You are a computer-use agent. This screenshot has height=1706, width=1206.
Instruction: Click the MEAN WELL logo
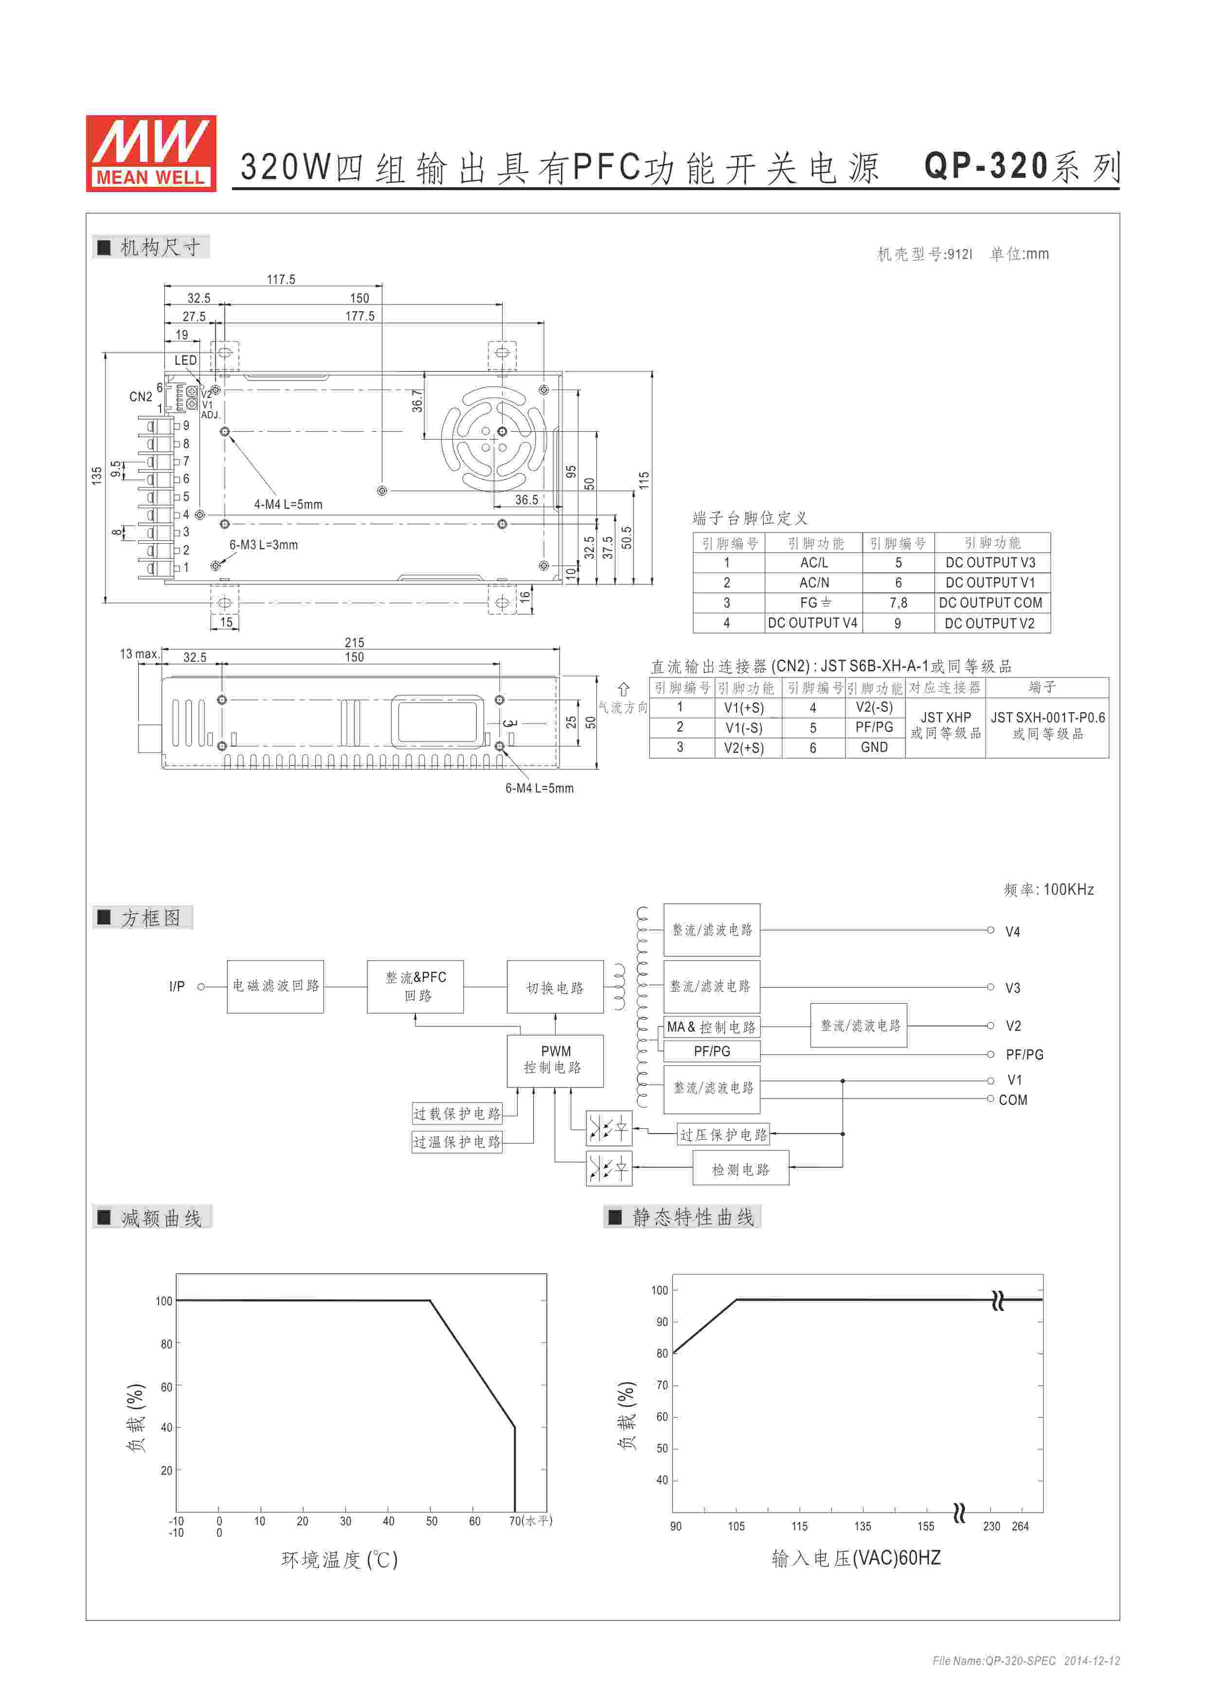point(151,154)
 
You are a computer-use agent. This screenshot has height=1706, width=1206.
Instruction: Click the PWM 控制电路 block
point(555,1060)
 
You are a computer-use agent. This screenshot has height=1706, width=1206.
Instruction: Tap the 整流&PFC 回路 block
point(415,986)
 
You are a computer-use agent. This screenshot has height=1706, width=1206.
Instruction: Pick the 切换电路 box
point(555,988)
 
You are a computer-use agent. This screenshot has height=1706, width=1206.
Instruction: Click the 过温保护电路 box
point(457,1141)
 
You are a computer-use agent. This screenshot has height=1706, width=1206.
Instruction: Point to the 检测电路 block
point(740,1170)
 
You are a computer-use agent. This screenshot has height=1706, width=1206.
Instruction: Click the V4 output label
point(1012,932)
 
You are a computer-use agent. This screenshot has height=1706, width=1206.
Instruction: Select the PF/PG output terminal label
point(1024,1054)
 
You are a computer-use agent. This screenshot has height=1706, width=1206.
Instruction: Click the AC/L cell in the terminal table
point(814,563)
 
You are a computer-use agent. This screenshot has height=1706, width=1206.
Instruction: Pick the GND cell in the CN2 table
point(874,747)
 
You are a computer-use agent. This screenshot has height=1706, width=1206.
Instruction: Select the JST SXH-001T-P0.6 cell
point(1047,725)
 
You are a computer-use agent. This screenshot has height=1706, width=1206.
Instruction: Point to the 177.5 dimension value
point(360,316)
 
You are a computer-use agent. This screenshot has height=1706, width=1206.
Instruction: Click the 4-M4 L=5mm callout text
point(288,504)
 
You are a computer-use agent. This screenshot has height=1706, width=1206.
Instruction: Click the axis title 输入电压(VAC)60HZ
point(856,1558)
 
